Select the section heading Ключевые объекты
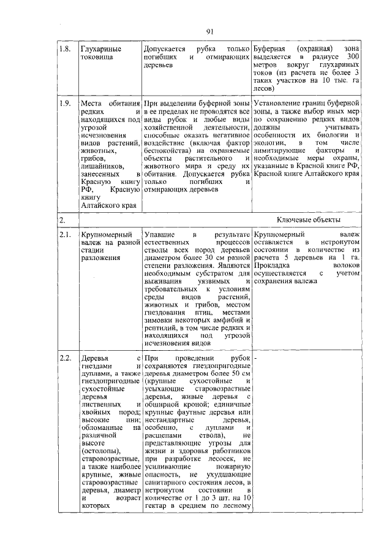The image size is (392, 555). (309, 220)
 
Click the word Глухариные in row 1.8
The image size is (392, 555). (101, 48)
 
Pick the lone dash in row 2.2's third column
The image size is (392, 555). (255, 358)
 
